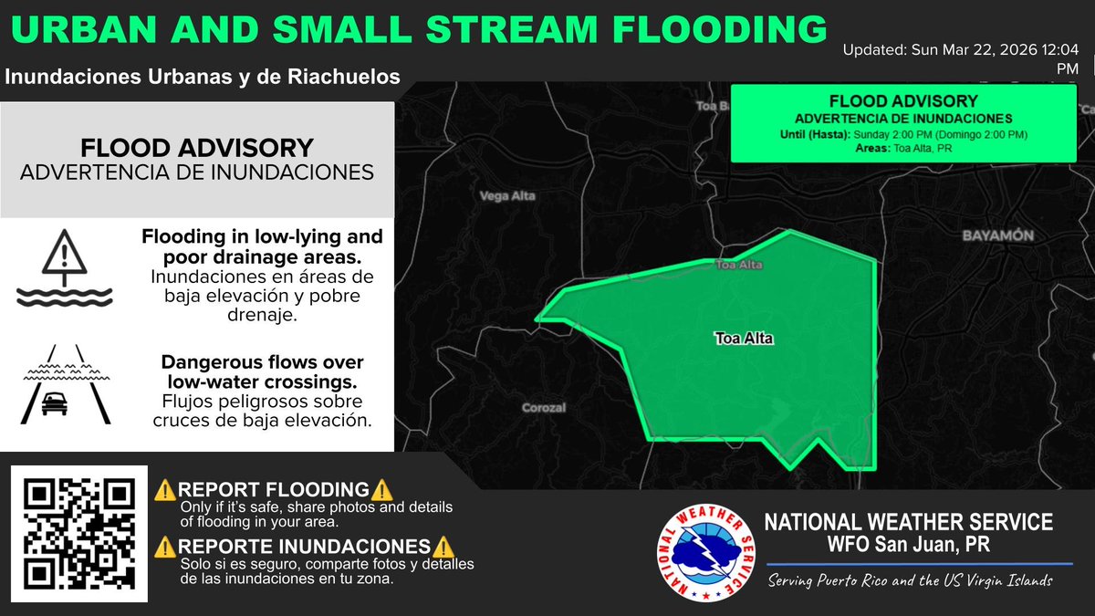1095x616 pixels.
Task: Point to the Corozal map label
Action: [x=544, y=408]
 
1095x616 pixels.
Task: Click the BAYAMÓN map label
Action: [x=997, y=235]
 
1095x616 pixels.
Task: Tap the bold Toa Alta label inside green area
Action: [x=744, y=339]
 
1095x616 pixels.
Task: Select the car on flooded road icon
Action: [x=64, y=385]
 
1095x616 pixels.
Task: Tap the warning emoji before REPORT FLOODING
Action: [x=165, y=489]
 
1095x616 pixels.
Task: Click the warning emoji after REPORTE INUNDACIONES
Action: [x=443, y=547]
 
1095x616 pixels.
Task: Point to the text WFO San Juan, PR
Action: [x=907, y=545]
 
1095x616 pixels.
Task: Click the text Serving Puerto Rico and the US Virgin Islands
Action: [x=910, y=581]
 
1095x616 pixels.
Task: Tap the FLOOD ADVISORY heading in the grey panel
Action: [x=196, y=148]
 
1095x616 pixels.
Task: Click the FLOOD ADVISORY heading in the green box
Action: [x=903, y=101]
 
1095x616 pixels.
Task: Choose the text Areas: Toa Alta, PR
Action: [x=903, y=149]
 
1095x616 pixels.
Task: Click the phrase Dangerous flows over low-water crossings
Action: [x=263, y=371]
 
